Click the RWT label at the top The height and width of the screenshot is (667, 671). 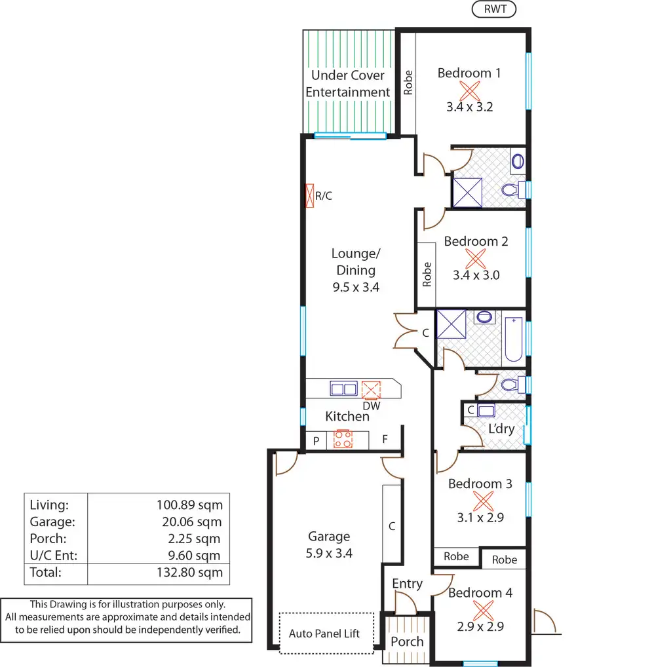[x=494, y=9]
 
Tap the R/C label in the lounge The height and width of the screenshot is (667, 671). [x=324, y=195]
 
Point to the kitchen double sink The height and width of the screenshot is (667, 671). [x=344, y=389]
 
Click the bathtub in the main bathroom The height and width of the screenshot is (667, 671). [x=513, y=339]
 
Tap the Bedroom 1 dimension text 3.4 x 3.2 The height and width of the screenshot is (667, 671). [x=469, y=107]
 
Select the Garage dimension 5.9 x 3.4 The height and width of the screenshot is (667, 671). [x=329, y=553]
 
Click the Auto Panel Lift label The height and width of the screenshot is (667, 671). [x=324, y=634]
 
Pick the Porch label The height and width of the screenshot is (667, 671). [x=407, y=641]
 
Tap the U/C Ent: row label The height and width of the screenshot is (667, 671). [x=53, y=556]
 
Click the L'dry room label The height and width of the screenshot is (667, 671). [x=501, y=429]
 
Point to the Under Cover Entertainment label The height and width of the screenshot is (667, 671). [x=348, y=84]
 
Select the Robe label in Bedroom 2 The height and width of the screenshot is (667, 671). [x=427, y=275]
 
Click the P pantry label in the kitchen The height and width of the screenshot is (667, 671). [x=316, y=441]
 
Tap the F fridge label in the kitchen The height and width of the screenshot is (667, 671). [x=385, y=440]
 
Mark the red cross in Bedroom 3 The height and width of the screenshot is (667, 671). [x=483, y=501]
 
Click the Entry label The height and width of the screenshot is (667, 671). [x=407, y=584]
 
